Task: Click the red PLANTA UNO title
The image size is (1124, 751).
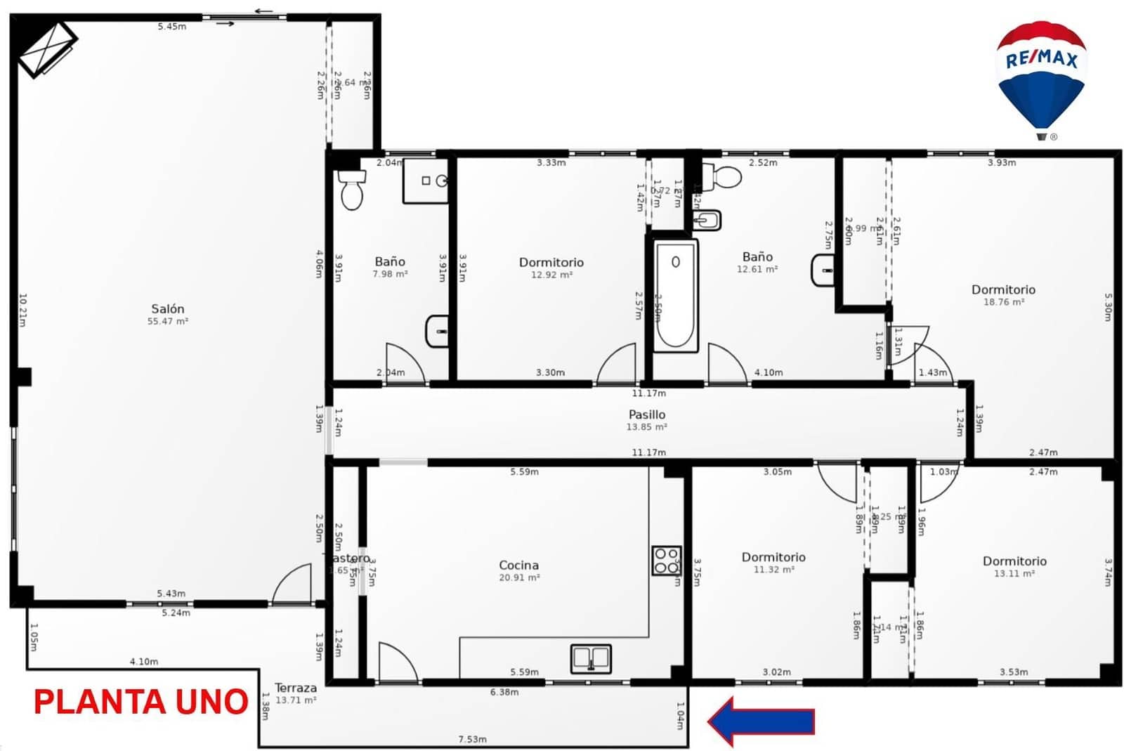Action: [140, 702]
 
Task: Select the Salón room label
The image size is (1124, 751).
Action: [169, 309]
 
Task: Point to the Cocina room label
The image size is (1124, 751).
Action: [519, 565]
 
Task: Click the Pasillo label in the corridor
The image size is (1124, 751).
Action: [647, 414]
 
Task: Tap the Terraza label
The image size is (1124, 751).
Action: [295, 688]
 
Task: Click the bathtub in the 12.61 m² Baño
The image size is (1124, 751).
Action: [675, 295]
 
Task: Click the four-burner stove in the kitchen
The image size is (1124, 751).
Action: [666, 560]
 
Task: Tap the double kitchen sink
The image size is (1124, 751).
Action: [591, 658]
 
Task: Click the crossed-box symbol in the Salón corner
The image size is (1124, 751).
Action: [47, 48]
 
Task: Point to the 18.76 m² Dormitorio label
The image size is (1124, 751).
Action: [1003, 289]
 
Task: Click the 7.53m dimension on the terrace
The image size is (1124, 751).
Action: [472, 739]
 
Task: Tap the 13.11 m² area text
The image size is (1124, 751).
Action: [1014, 573]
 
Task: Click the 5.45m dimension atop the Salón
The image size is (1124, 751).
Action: [172, 27]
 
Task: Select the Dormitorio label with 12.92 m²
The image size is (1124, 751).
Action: [551, 262]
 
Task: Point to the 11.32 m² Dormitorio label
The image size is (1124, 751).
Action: [773, 557]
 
